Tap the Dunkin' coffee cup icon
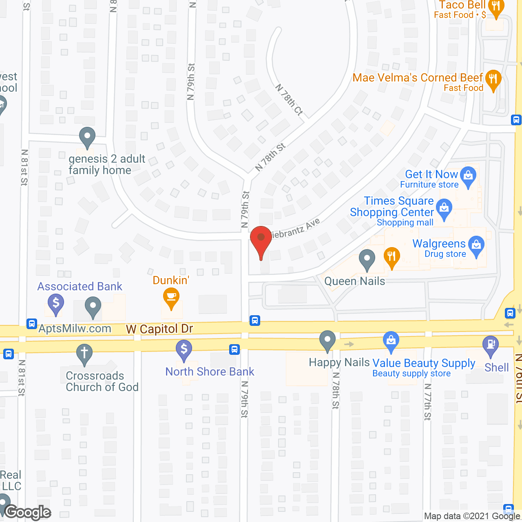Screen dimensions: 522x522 point(171,298)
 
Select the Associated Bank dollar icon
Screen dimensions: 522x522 point(56,304)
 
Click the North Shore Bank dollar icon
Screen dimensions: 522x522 point(184,350)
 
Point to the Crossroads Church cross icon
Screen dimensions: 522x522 point(84,353)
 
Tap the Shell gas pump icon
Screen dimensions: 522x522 point(491,345)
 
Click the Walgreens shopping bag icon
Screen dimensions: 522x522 point(476,246)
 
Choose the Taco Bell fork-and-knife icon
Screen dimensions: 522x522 point(496,7)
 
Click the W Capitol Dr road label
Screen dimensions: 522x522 point(159,329)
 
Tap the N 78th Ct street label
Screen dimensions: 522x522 point(289,100)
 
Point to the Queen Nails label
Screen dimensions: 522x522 point(354,281)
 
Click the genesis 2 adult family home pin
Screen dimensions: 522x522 point(87,137)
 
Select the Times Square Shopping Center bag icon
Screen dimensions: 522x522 point(444,208)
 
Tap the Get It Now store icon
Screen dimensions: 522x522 point(468,176)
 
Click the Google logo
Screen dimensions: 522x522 point(28,512)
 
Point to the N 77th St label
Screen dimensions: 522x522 point(427,402)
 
